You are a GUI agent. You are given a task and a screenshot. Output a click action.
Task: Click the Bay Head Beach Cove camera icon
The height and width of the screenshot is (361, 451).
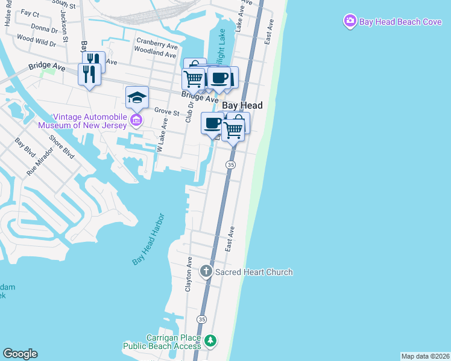click(350, 22)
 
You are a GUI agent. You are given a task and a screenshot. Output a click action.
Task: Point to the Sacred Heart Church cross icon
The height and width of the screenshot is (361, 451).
click(206, 272)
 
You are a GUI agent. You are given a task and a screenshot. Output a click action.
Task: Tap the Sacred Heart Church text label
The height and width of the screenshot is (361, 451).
click(254, 272)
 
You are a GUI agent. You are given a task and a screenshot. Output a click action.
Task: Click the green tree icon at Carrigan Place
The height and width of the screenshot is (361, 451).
click(210, 342)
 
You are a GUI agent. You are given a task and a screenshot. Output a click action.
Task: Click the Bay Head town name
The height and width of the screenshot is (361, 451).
click(243, 105)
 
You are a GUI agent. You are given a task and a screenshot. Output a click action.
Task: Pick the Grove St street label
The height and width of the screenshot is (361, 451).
click(167, 111)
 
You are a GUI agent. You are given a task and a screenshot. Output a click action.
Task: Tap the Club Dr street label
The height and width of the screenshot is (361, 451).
click(189, 111)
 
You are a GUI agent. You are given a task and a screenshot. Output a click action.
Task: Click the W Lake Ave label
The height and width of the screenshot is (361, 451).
click(161, 135)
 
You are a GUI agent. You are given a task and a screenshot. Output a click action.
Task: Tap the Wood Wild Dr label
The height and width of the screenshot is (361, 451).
click(36, 40)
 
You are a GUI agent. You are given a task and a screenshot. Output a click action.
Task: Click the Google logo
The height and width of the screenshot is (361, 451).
click(20, 354)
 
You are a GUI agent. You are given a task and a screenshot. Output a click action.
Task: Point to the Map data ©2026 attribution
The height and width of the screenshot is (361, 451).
click(425, 356)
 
